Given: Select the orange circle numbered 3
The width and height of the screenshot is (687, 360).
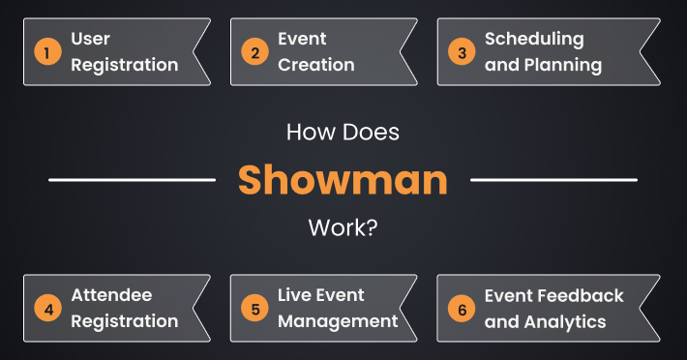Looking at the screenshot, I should (x=462, y=52).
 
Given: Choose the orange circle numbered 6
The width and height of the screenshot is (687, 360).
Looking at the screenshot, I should (x=462, y=309).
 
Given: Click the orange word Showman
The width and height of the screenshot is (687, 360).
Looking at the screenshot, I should (x=343, y=180).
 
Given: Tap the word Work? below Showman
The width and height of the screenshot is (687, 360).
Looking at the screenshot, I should (x=343, y=229).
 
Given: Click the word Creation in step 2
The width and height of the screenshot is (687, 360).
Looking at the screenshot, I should (x=316, y=66).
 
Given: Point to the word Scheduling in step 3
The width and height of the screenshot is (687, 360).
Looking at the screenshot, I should (x=534, y=40).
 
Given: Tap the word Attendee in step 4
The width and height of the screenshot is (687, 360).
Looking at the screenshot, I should (x=111, y=295).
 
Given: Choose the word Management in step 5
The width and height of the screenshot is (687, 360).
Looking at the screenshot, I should (x=338, y=321).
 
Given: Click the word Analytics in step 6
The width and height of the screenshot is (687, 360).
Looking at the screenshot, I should (x=564, y=321).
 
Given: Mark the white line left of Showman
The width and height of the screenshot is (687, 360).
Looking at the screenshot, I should (x=132, y=180).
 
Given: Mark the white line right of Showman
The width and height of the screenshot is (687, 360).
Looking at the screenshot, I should (x=553, y=180).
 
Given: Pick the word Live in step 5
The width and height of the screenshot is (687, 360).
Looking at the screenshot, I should (x=293, y=295).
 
